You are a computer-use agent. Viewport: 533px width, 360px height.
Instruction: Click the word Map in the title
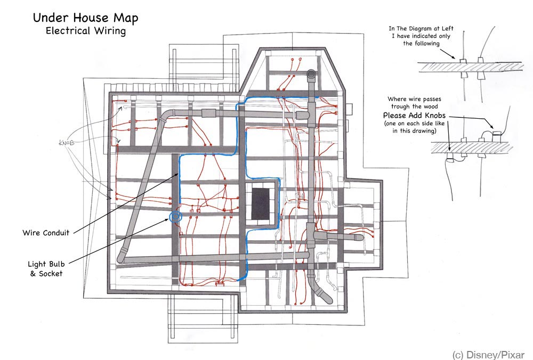124,18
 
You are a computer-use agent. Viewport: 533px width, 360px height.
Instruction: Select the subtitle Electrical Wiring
86,31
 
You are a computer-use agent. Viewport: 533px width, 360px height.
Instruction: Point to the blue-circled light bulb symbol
175,216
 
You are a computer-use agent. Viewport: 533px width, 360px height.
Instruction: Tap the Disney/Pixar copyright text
488,354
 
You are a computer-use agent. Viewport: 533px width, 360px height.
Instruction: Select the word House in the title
85,18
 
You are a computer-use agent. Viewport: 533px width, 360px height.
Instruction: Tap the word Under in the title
47,18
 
